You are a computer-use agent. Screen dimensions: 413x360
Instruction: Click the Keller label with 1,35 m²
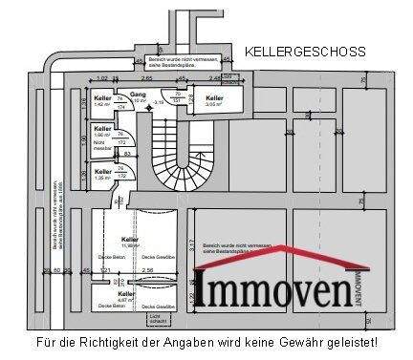103,173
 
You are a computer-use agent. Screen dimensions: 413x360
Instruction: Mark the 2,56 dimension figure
145,271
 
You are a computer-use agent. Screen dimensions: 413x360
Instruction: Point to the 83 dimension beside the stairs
126,152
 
